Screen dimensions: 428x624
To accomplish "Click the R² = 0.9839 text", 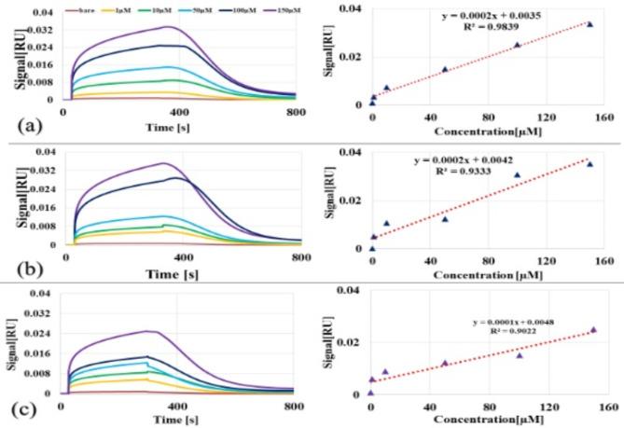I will (492, 27).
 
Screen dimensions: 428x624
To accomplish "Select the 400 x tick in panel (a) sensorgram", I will (179, 112).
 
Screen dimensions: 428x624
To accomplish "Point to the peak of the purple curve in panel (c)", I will (146, 331).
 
